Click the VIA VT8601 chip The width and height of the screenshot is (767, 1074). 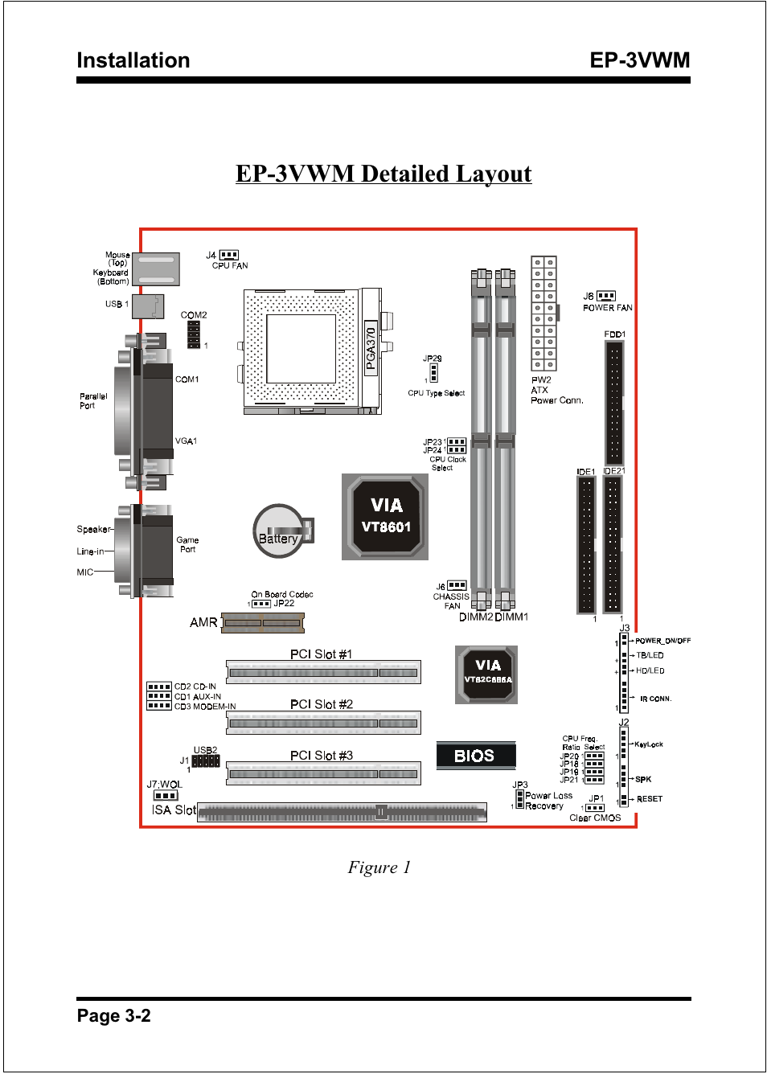385,516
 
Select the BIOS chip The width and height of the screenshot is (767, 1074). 475,756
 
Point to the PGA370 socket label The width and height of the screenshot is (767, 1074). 371,348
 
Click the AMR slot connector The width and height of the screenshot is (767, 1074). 263,622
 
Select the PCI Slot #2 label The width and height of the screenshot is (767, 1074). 322,704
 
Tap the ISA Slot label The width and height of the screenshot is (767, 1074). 174,810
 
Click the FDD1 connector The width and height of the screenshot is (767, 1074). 614,402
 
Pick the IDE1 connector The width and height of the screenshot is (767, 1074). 586,544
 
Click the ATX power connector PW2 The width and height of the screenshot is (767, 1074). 543,314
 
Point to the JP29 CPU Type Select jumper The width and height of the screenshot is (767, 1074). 433,373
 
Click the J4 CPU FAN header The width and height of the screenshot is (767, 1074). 228,255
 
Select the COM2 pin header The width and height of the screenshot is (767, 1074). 194,334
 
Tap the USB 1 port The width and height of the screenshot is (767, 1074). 147,305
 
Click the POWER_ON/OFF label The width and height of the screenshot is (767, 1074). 662,641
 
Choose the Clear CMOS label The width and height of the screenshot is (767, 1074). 595,818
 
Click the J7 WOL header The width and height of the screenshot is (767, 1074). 166,796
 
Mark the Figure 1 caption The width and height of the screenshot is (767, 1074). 379,867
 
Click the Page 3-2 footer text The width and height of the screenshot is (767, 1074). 114,1016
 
